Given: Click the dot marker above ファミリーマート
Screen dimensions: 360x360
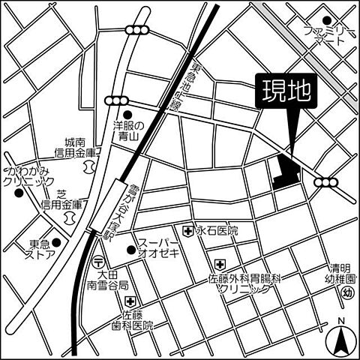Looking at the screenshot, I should pyautogui.click(x=326, y=21).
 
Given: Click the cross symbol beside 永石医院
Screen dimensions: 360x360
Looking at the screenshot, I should pyautogui.click(x=187, y=230).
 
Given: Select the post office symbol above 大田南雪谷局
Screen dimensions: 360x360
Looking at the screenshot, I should pyautogui.click(x=99, y=261).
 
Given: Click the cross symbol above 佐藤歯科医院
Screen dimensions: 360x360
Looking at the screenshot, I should pyautogui.click(x=130, y=301).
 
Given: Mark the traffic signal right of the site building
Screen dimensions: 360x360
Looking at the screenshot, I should pyautogui.click(x=326, y=182).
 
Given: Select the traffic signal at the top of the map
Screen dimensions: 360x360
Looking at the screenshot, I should pyautogui.click(x=136, y=29).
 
